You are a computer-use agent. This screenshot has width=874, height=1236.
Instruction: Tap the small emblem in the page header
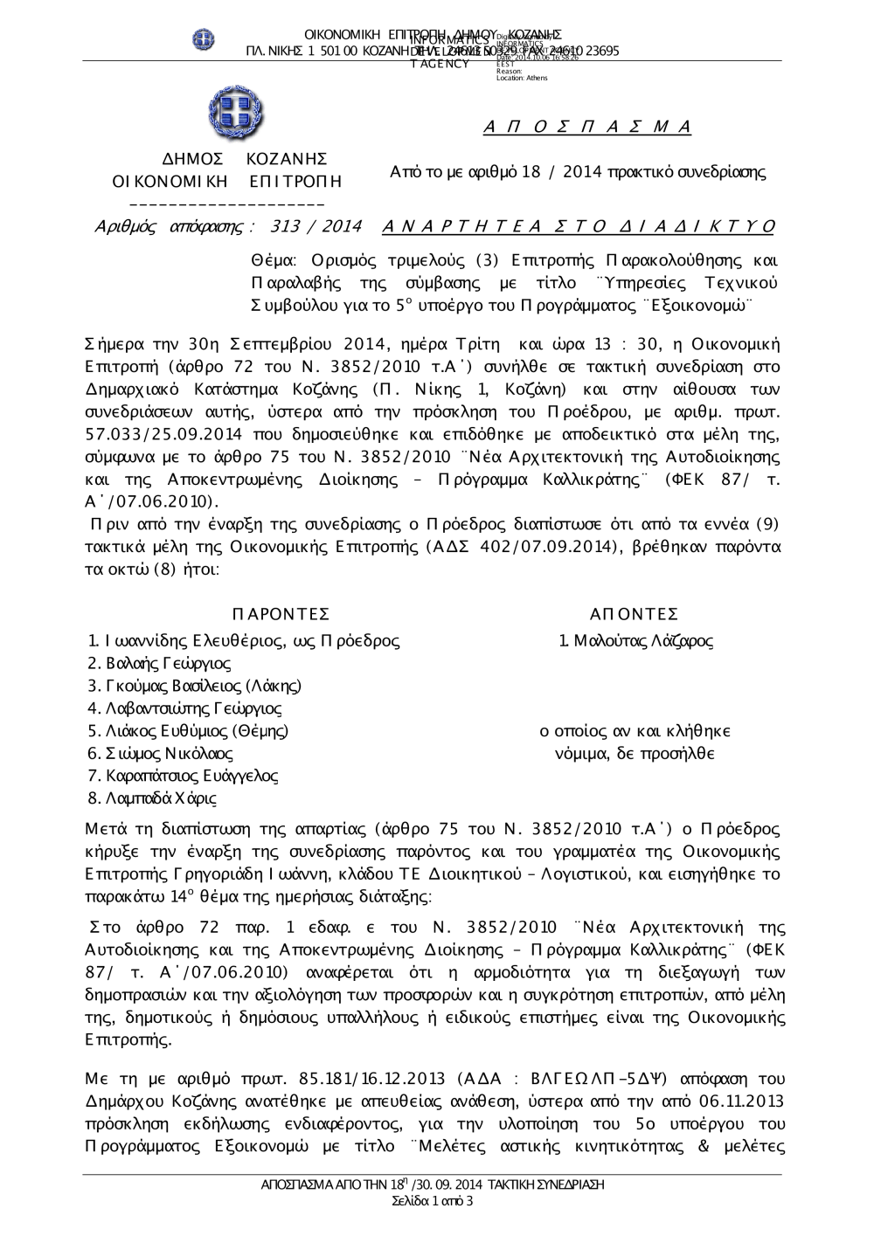coord(204,38)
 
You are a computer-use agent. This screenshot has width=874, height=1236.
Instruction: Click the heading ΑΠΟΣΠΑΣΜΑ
coord(587,128)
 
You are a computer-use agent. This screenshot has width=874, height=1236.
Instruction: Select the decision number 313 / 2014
coord(316,227)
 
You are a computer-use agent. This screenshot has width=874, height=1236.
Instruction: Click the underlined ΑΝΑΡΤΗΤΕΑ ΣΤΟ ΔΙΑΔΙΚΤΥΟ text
coord(579,227)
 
